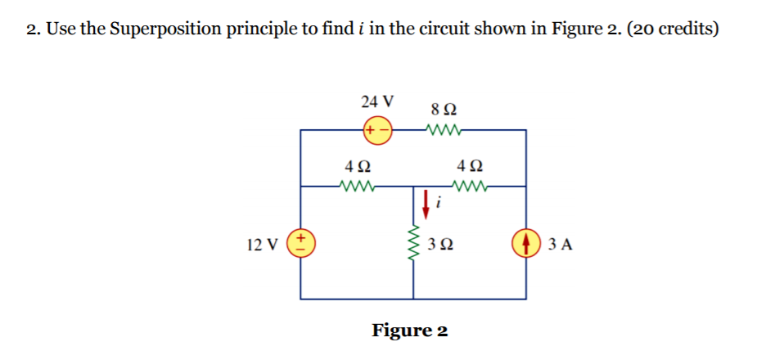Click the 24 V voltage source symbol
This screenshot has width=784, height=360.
tap(377, 130)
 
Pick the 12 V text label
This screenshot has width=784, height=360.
tap(263, 244)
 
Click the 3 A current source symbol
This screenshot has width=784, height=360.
tap(525, 243)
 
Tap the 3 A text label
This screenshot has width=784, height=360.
tap(561, 244)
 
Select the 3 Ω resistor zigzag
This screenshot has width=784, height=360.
tap(413, 243)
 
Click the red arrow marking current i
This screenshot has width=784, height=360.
tap(426, 200)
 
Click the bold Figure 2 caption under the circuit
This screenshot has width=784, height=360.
tap(410, 331)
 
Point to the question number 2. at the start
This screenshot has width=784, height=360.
tap(32, 30)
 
